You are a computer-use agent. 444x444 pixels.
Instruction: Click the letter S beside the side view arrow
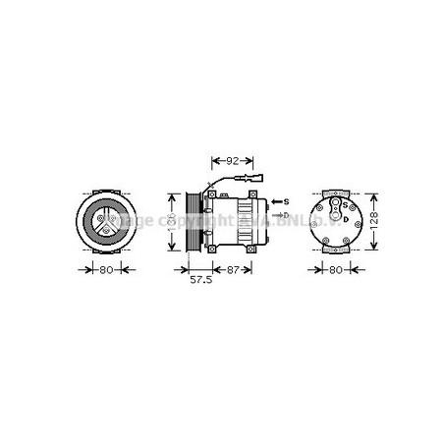point(287,201)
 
